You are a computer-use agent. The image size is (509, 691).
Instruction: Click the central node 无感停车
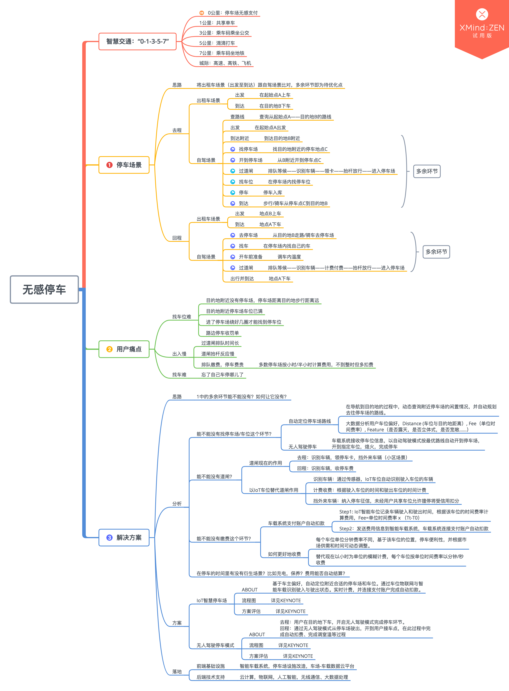click(x=44, y=289)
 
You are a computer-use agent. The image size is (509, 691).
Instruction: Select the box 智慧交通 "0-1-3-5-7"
click(x=137, y=41)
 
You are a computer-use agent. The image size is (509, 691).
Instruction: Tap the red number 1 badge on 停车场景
click(x=109, y=165)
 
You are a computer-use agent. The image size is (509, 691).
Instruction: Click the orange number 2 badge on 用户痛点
click(x=109, y=349)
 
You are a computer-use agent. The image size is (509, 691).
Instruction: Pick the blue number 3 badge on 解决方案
click(x=109, y=537)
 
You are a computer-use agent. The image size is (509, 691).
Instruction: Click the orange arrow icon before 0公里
click(x=202, y=13)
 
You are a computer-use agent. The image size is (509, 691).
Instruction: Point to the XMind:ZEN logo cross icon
click(x=482, y=14)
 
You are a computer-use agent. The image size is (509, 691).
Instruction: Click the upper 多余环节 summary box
click(x=427, y=171)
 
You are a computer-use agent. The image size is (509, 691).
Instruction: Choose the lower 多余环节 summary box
click(x=436, y=252)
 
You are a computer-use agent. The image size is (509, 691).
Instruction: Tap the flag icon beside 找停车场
click(x=233, y=149)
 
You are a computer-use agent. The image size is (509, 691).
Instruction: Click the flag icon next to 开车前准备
click(x=233, y=257)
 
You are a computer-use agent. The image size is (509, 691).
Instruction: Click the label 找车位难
click(x=182, y=317)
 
